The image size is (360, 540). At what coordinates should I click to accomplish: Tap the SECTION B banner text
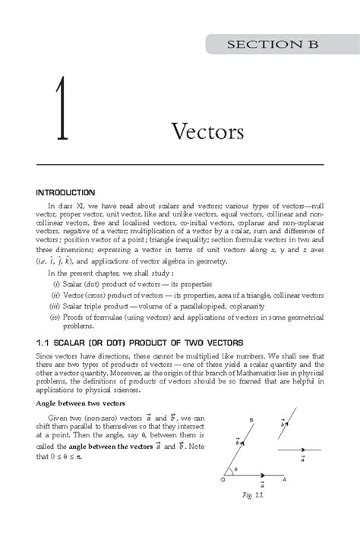pos(276,46)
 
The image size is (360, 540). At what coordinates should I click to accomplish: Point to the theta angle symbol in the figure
pos(236,491)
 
